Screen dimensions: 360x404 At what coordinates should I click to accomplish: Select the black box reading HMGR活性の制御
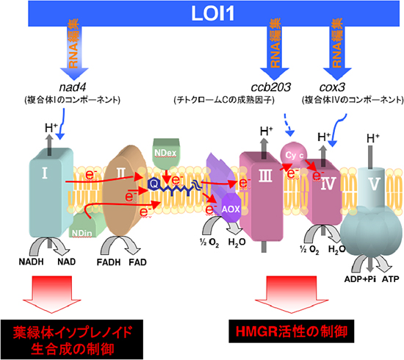pyautogui.click(x=290, y=328)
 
